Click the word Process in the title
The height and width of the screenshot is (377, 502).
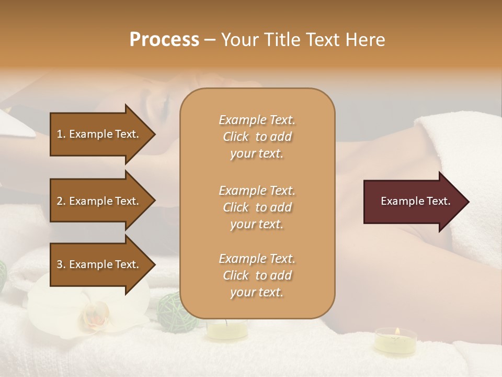(x=164, y=40)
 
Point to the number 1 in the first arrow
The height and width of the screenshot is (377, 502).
(x=60, y=134)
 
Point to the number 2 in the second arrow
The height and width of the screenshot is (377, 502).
(x=60, y=201)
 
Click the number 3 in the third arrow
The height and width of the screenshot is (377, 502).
(x=60, y=264)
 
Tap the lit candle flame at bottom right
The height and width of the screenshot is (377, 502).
(x=396, y=331)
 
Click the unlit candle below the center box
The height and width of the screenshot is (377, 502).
(x=227, y=330)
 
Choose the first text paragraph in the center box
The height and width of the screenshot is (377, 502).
(x=257, y=137)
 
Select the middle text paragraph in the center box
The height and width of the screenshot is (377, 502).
(x=257, y=207)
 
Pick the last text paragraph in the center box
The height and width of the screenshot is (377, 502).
(x=257, y=275)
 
